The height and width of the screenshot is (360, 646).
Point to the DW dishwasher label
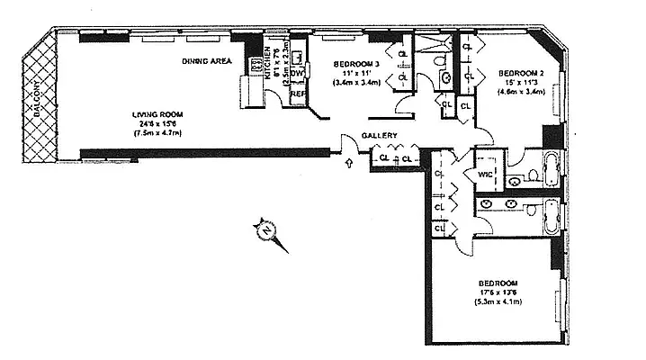click(295, 74)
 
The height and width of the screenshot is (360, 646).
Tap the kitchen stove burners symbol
click(256, 63)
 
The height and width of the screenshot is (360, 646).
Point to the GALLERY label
click(380, 136)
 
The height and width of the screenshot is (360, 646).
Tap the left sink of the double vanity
click(487, 204)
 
